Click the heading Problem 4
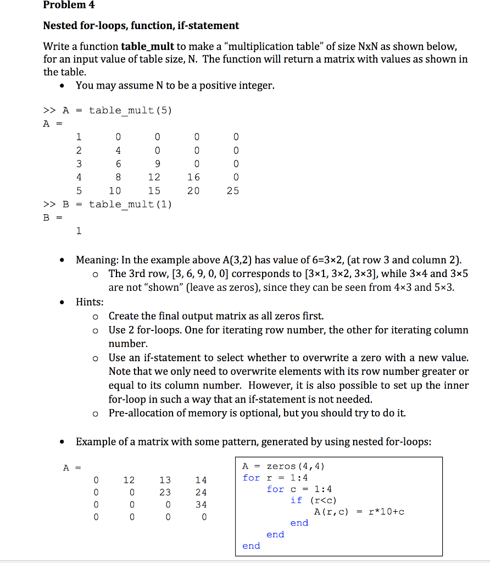click(69, 5)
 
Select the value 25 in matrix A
click(233, 191)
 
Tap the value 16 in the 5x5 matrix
click(193, 177)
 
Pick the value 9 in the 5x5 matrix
click(158, 163)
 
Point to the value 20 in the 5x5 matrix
click(193, 191)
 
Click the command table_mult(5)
click(130, 110)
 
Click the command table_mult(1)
click(130, 205)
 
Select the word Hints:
click(90, 301)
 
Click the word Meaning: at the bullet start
click(96, 260)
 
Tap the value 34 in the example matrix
click(201, 504)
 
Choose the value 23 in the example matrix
click(165, 492)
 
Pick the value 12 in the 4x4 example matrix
click(129, 480)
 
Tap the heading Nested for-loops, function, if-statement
click(141, 25)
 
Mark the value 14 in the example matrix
click(201, 480)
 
